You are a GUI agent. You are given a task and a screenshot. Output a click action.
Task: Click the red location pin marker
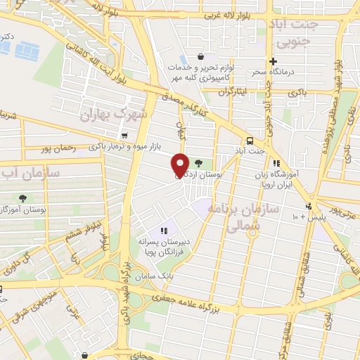[180, 165]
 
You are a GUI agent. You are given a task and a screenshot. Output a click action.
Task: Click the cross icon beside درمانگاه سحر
[273, 60]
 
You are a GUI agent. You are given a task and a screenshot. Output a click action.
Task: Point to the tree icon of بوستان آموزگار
[23, 198]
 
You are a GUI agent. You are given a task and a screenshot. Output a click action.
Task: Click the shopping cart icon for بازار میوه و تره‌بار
[124, 136]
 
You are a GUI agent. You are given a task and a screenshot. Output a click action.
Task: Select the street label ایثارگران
[233, 92]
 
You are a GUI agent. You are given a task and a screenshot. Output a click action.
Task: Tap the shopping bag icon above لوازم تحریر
[201, 56]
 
